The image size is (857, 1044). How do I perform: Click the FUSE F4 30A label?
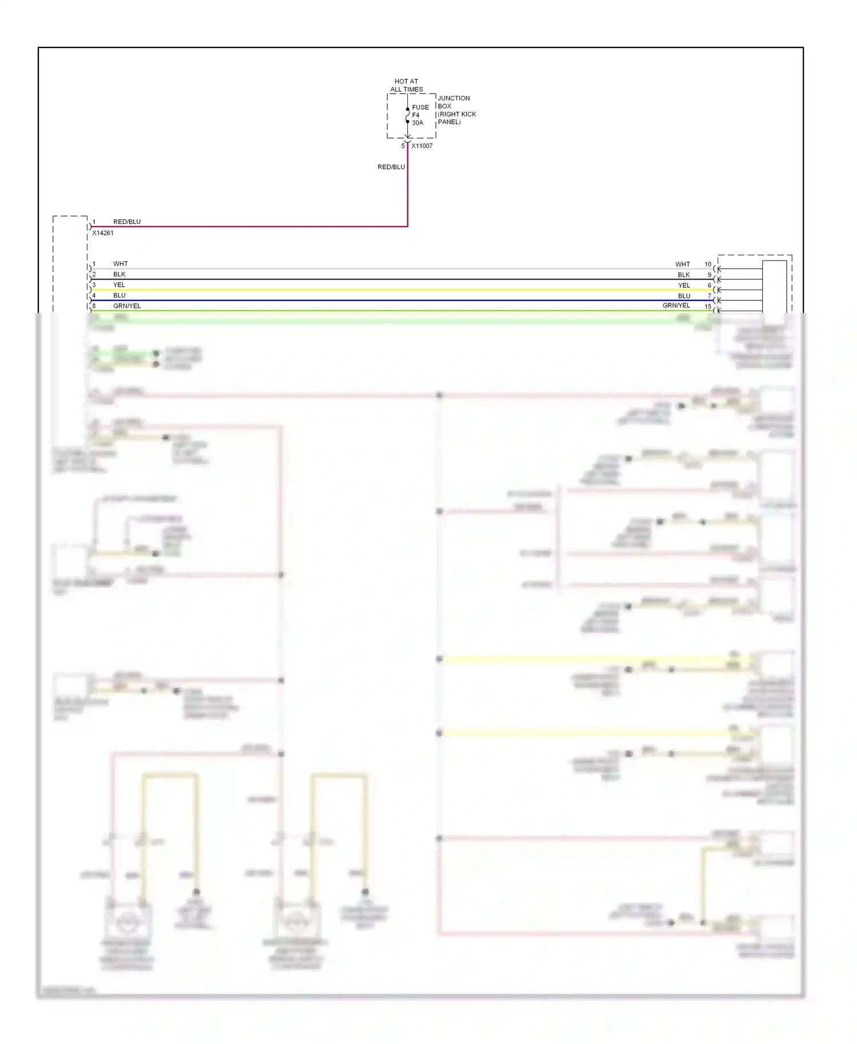click(420, 115)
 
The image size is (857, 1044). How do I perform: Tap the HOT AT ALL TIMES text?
click(406, 85)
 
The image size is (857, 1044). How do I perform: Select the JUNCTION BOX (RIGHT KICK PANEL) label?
click(456, 110)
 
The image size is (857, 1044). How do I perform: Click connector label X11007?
click(422, 146)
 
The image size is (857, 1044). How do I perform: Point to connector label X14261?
click(103, 233)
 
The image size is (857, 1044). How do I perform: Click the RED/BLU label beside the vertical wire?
click(391, 167)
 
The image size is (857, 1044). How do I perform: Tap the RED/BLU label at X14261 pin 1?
click(127, 222)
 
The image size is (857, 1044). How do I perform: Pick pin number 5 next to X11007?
click(403, 146)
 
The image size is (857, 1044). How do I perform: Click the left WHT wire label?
click(121, 264)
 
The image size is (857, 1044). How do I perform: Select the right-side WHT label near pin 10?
click(682, 264)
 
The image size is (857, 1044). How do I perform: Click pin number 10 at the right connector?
click(708, 264)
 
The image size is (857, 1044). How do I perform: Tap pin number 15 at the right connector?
click(708, 307)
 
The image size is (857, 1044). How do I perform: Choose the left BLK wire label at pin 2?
click(119, 274)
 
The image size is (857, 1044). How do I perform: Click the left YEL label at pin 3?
click(119, 285)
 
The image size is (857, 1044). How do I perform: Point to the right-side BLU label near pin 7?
click(684, 296)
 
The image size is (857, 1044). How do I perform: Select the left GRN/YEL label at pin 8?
click(127, 306)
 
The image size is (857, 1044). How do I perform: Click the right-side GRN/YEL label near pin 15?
click(676, 306)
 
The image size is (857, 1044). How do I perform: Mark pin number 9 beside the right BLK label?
click(710, 275)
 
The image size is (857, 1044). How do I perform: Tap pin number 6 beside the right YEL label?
click(710, 286)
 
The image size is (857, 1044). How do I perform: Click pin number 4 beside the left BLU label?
click(94, 295)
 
